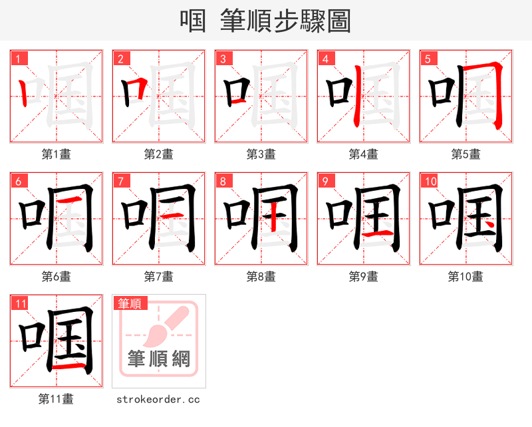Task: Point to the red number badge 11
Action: tap(21, 304)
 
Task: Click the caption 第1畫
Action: tap(57, 154)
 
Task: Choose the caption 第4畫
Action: tap(364, 154)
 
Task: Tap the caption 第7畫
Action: tap(159, 277)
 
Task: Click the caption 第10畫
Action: tap(465, 277)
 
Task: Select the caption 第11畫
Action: tap(57, 399)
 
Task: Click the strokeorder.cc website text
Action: tap(158, 400)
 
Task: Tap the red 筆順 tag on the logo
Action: tap(129, 304)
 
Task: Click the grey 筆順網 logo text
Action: tap(159, 359)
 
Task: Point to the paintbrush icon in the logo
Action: tap(163, 326)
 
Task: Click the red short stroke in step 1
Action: tap(23, 93)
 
